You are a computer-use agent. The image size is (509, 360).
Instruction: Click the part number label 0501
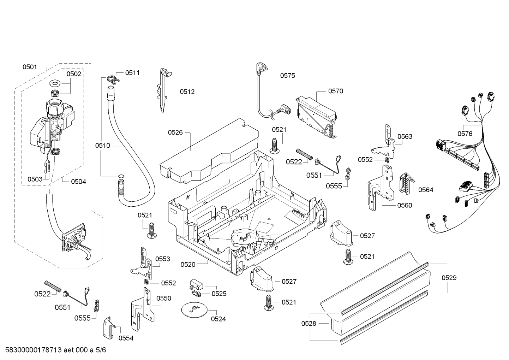click(30, 67)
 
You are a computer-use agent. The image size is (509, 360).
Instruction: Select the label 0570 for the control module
click(336, 91)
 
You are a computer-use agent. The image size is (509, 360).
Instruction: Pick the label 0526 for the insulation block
click(175, 132)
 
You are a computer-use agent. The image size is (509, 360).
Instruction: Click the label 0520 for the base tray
click(188, 265)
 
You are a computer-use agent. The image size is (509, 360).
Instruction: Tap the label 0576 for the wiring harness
click(465, 134)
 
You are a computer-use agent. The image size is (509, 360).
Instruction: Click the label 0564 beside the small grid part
click(426, 190)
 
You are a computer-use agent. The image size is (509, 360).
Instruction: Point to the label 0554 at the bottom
click(126, 338)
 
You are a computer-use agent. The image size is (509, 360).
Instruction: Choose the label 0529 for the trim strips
click(449, 278)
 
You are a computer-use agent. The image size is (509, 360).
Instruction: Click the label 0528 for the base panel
click(309, 323)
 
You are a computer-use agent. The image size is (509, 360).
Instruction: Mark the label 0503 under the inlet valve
click(35, 179)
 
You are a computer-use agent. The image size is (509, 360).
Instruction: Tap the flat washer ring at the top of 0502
click(54, 83)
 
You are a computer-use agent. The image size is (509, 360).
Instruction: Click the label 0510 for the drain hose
click(102, 146)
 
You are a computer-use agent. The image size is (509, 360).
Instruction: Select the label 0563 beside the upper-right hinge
click(405, 136)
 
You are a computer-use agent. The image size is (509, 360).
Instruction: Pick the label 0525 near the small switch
click(219, 294)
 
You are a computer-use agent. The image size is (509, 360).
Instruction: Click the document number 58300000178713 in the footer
click(34, 350)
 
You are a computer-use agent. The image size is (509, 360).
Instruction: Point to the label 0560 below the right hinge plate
click(405, 205)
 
